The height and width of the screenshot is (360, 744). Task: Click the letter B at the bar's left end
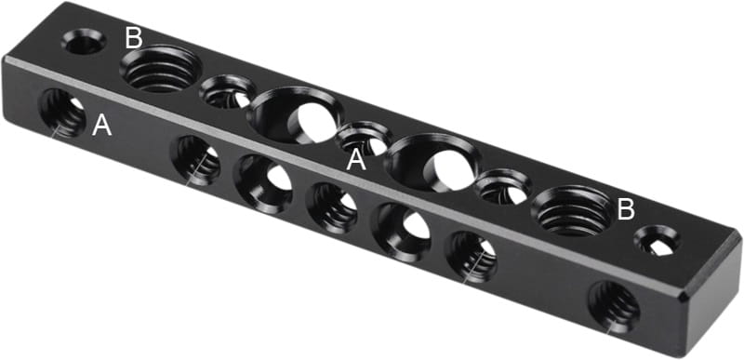[134, 38]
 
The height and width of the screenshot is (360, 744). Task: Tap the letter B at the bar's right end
[626, 209]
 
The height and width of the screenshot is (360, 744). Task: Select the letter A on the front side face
[102, 126]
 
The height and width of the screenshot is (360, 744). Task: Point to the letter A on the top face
[356, 160]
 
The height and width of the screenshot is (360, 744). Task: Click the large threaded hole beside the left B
[160, 68]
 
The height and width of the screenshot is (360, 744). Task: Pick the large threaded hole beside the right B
[573, 210]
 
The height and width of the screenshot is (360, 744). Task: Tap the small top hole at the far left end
[84, 41]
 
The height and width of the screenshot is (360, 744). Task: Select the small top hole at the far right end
[657, 241]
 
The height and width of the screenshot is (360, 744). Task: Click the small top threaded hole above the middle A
[364, 138]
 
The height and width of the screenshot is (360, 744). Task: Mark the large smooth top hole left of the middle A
[295, 115]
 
